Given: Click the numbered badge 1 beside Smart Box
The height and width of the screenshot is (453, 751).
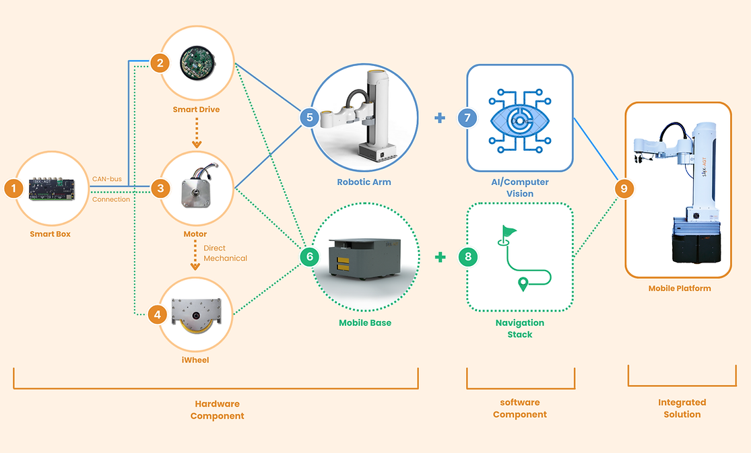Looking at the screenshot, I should point(13,188).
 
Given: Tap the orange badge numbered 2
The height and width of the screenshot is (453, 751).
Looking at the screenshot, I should point(160,63).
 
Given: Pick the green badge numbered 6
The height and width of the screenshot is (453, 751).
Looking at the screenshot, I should point(309,256).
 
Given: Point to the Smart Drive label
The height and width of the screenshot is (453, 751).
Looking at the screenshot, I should point(196,109).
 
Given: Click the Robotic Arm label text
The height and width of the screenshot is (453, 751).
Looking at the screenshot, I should point(364,182).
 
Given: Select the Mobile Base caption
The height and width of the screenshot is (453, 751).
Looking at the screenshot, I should point(365,322).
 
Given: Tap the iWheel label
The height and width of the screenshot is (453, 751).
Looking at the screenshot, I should point(195,360).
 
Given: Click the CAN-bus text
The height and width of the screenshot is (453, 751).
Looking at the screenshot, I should point(107,179).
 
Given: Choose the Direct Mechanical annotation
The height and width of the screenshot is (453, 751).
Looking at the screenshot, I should point(225,253).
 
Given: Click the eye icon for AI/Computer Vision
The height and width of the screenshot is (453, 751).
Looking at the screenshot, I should point(519,120).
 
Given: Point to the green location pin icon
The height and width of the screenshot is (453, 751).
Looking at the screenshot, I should point(523,284).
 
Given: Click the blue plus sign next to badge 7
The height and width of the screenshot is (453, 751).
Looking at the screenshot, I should point(440,118).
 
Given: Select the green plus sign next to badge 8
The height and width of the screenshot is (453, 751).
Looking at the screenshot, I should point(440,256).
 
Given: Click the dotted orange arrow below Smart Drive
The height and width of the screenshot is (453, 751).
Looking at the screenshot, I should point(196,133).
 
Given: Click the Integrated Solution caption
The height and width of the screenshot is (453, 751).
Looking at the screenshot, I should point(682,408).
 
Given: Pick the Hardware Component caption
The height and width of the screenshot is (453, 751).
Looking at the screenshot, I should point(217,410).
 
